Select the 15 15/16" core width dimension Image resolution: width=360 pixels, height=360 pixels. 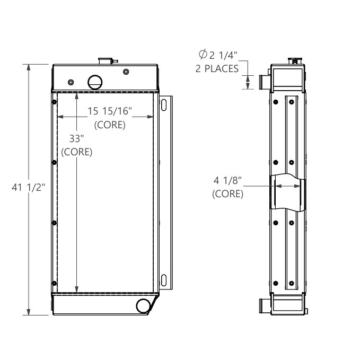point(110,112)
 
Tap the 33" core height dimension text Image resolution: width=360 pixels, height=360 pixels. point(77,139)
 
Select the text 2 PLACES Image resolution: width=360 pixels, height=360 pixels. point(217,68)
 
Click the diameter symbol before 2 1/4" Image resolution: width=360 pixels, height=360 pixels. point(202,55)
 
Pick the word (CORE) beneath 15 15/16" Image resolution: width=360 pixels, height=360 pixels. point(110,126)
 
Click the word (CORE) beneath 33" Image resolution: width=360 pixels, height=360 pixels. point(77,152)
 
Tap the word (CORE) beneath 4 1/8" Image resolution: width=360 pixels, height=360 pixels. point(228,194)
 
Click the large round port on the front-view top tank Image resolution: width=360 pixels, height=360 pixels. point(94,81)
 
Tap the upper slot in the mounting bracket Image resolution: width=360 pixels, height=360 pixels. point(165,104)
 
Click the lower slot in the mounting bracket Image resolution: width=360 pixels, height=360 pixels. point(165,280)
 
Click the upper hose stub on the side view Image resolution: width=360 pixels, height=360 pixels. point(264,82)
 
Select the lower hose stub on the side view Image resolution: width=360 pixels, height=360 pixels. point(264,306)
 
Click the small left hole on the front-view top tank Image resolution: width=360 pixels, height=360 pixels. point(71,82)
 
